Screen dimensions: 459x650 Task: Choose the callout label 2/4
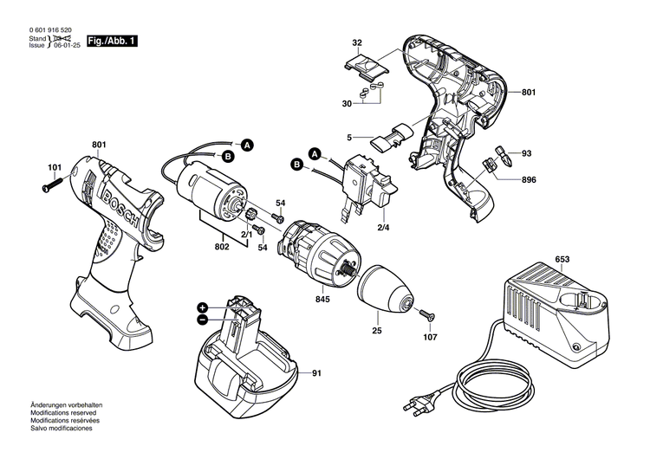382,227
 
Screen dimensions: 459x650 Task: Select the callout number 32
357,42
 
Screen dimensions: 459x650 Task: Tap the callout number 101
55,167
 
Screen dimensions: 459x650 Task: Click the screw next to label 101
53,183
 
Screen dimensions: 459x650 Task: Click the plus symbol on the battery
202,307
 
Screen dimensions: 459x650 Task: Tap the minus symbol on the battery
202,320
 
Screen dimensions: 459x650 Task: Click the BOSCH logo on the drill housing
117,204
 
